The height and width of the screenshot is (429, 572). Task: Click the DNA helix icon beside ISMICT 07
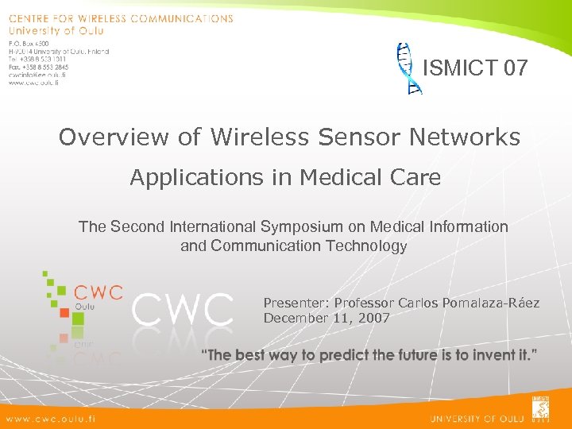[408, 68]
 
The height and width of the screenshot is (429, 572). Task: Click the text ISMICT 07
[475, 68]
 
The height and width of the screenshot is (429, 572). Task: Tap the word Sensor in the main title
[357, 137]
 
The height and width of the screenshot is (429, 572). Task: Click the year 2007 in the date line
[372, 319]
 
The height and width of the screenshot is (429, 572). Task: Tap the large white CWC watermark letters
[183, 310]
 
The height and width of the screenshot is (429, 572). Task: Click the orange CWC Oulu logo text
[97, 292]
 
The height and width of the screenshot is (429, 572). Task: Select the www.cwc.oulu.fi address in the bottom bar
[50, 418]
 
